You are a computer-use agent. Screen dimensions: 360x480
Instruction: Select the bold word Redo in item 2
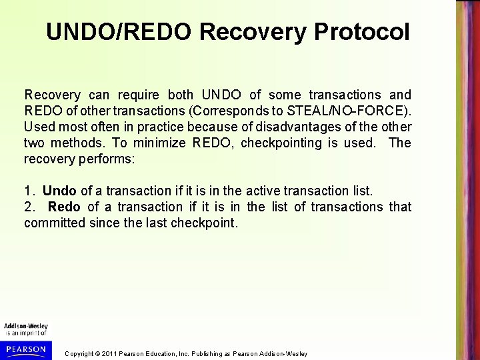[x=64, y=208]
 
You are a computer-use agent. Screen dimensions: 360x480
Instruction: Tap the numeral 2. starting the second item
[x=30, y=208]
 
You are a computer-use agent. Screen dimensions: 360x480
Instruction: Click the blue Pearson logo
[x=25, y=347]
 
